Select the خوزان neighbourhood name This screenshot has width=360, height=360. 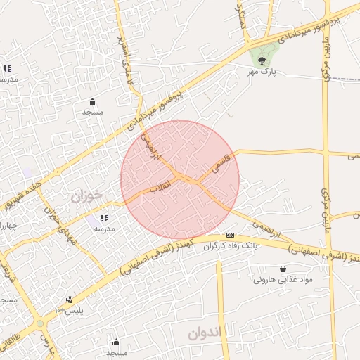click(86, 196)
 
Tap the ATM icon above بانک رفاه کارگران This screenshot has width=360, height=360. click(229, 235)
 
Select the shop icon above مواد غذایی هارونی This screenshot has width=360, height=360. click(283, 269)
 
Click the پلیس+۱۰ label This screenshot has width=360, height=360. click(69, 310)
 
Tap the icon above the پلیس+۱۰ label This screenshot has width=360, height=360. click(68, 299)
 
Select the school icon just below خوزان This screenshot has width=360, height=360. click(104, 219)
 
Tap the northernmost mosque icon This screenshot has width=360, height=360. click(92, 101)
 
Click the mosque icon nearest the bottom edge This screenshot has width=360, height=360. click(116, 342)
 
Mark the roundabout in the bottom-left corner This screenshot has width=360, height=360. click(40, 324)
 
